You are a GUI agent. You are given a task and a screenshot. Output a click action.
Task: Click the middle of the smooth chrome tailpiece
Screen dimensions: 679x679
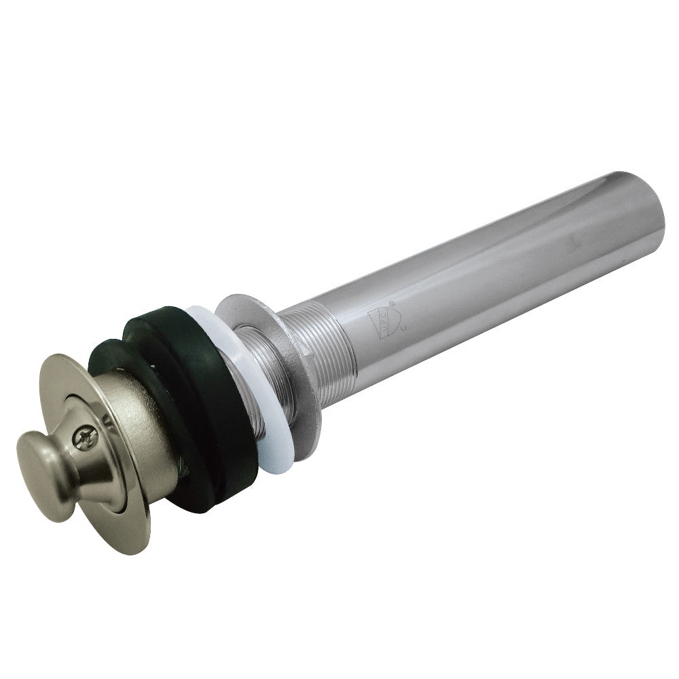[x=475, y=272]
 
